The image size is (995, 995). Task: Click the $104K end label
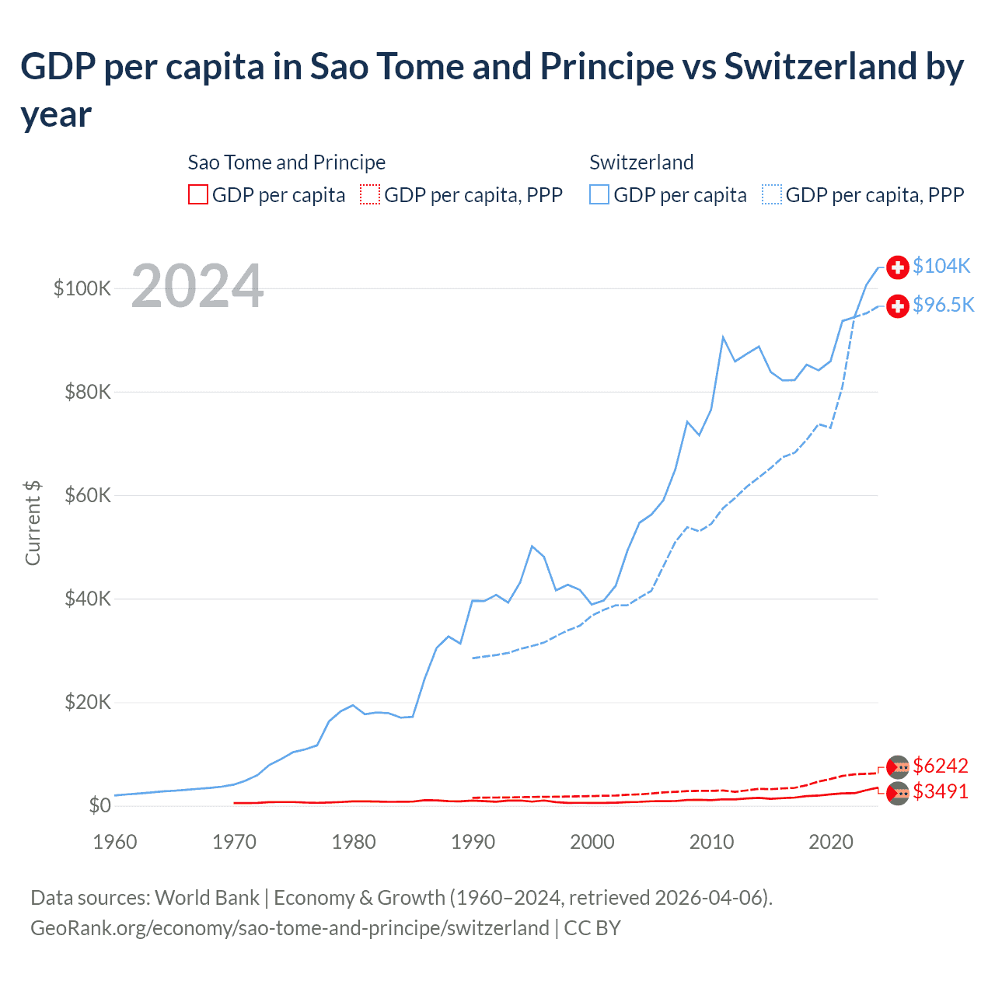941,266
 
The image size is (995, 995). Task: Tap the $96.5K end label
943,305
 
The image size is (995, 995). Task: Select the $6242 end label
941,766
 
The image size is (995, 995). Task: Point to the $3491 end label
941,791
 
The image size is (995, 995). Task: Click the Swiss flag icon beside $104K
898,267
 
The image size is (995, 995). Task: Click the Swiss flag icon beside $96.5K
898,305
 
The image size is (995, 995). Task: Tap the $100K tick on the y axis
82,288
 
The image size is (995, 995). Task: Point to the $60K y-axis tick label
88,495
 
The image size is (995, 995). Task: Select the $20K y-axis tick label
88,702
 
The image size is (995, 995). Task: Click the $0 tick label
100,805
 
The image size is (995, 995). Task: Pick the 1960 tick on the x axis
115,842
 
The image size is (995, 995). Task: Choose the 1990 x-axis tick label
473,842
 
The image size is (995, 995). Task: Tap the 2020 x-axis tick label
831,842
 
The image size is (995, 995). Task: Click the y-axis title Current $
33,522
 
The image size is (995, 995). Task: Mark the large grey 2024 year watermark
197,286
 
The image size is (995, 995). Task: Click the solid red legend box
198,194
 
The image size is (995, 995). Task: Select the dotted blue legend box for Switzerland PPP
772,194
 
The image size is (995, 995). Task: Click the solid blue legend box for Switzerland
599,194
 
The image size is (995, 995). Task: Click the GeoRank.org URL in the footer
289,928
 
